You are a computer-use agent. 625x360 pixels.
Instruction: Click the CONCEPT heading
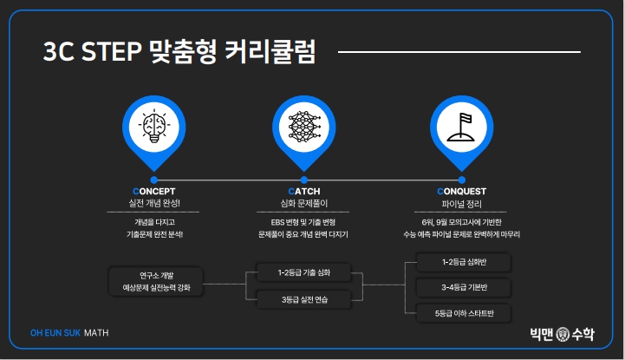(154, 191)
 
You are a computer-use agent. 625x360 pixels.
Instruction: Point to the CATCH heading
(304, 191)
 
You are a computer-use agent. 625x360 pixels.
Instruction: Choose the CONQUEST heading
(462, 191)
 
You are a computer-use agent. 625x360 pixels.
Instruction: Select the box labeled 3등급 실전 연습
(303, 299)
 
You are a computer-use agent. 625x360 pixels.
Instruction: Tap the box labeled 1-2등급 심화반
(464, 262)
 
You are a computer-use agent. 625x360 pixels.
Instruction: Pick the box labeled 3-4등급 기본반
(464, 287)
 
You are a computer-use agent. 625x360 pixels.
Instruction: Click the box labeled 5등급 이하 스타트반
(464, 313)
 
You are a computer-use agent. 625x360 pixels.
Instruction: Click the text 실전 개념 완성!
(154, 202)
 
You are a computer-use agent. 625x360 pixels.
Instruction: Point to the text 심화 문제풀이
(303, 202)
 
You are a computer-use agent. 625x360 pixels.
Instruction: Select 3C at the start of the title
(58, 53)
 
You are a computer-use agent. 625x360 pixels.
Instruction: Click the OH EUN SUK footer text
(55, 332)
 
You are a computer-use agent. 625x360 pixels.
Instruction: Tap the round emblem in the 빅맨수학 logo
(563, 333)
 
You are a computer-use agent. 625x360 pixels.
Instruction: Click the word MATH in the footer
(97, 332)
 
